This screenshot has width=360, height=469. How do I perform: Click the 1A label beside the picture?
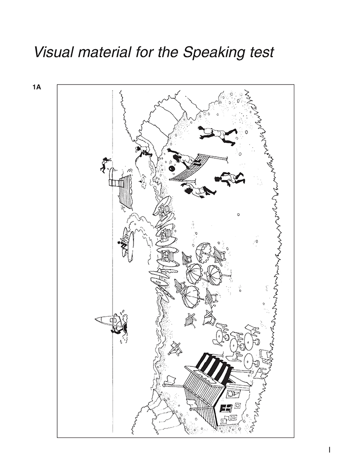pyautogui.click(x=36, y=88)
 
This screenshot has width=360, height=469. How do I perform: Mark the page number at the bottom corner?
pyautogui.click(x=329, y=449)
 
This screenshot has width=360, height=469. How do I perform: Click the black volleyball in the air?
pyautogui.click(x=173, y=169)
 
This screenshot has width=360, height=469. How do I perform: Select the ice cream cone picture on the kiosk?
pyautogui.click(x=234, y=392)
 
